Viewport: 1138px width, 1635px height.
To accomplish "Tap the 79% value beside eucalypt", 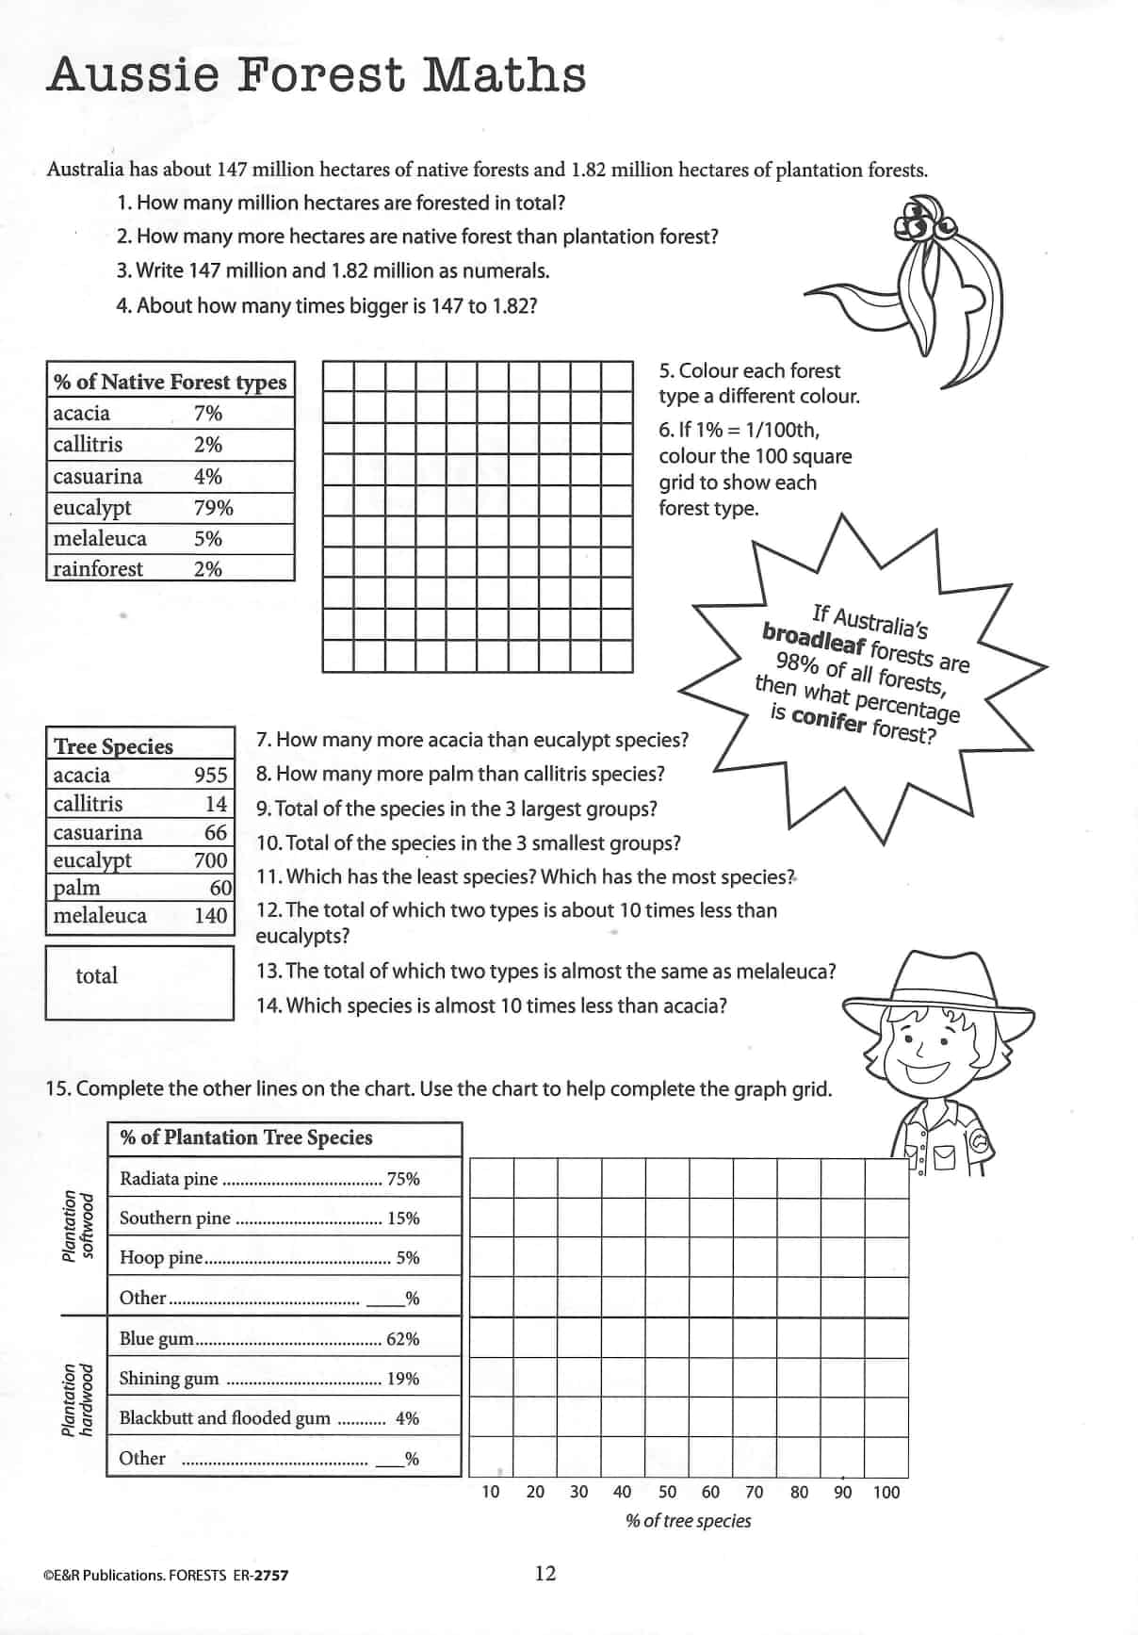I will coord(213,508).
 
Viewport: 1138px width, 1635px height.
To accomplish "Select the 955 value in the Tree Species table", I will coord(211,775).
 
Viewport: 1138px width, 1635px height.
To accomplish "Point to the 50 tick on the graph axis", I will coord(667,1492).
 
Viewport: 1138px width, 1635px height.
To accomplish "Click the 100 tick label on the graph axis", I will coord(886,1492).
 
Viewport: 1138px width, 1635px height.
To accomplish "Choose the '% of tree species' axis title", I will coord(689,1521).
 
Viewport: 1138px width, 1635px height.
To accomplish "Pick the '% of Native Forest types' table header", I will coord(171,382).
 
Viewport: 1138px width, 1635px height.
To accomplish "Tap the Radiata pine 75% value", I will coord(403,1179).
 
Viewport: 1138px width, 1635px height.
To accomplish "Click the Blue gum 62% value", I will coord(403,1339).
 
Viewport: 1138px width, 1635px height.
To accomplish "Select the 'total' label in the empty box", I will coord(97,976).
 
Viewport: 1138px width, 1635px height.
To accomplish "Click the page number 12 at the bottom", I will coord(545,1573).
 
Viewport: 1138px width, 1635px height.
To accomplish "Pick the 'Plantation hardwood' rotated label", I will coord(77,1400).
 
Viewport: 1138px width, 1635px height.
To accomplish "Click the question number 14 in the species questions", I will coord(268,1006).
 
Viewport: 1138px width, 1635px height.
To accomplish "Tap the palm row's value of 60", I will coord(221,888).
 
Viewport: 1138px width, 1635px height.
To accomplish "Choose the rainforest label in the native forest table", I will coord(98,569).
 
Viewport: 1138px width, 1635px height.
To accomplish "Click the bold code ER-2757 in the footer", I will coord(260,1575).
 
